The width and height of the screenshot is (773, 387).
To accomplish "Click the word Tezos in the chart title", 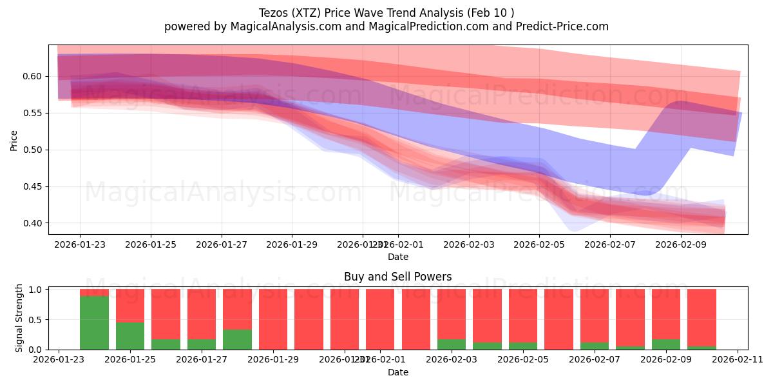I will pyautogui.click(x=273, y=13).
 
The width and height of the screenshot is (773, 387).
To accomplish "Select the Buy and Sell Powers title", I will pyautogui.click(x=397, y=277).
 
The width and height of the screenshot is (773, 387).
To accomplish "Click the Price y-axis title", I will pyautogui.click(x=14, y=139).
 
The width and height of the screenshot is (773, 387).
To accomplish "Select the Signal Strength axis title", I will pyautogui.click(x=19, y=318).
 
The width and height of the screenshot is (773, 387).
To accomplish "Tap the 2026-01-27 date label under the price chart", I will pyautogui.click(x=222, y=245).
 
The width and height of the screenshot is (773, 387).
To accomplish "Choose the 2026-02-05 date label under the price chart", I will pyautogui.click(x=540, y=245).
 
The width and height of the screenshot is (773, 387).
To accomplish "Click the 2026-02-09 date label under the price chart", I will pyautogui.click(x=681, y=245).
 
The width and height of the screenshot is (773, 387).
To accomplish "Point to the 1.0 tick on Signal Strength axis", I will pyautogui.click(x=35, y=290).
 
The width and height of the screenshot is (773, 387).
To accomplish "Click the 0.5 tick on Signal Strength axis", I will pyautogui.click(x=35, y=320).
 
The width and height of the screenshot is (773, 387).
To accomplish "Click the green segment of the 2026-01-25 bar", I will pyautogui.click(x=130, y=336).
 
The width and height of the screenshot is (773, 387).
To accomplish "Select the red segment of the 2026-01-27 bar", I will pyautogui.click(x=202, y=313).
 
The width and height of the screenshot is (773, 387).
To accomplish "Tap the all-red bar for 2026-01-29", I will pyautogui.click(x=273, y=319).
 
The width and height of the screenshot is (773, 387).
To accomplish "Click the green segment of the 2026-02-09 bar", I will pyautogui.click(x=665, y=344).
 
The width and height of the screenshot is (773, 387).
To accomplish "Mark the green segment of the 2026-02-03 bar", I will pyautogui.click(x=451, y=344).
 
